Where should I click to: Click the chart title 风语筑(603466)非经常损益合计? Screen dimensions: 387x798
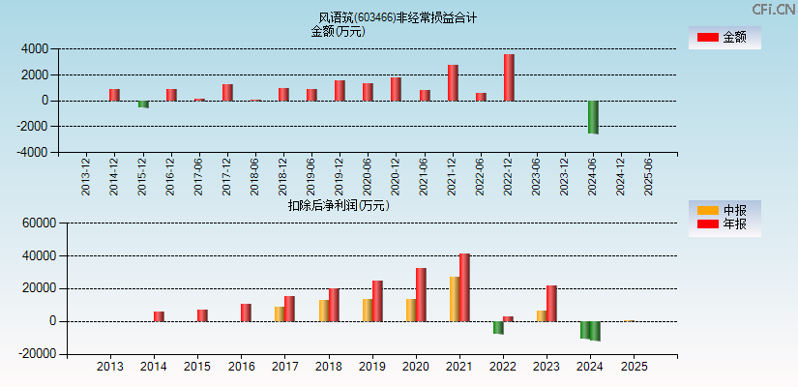[x=398, y=17]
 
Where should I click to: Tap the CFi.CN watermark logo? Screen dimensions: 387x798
[x=774, y=10]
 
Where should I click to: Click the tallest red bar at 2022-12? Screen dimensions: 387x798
[x=509, y=77]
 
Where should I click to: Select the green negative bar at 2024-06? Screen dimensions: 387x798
[x=593, y=117]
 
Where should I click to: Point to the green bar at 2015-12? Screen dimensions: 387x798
[x=143, y=104]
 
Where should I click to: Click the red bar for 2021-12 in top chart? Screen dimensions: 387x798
[x=453, y=82]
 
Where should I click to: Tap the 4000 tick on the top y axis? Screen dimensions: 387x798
[x=35, y=48]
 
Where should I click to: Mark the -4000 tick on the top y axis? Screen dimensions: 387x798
[x=33, y=152]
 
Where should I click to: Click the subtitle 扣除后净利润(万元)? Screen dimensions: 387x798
[x=339, y=205]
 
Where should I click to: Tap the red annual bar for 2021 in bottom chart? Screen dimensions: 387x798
[x=464, y=287]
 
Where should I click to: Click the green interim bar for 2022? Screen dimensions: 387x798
[x=498, y=327]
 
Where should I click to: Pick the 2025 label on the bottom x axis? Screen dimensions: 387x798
[x=634, y=367]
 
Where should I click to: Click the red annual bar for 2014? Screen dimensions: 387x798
[x=159, y=316]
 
